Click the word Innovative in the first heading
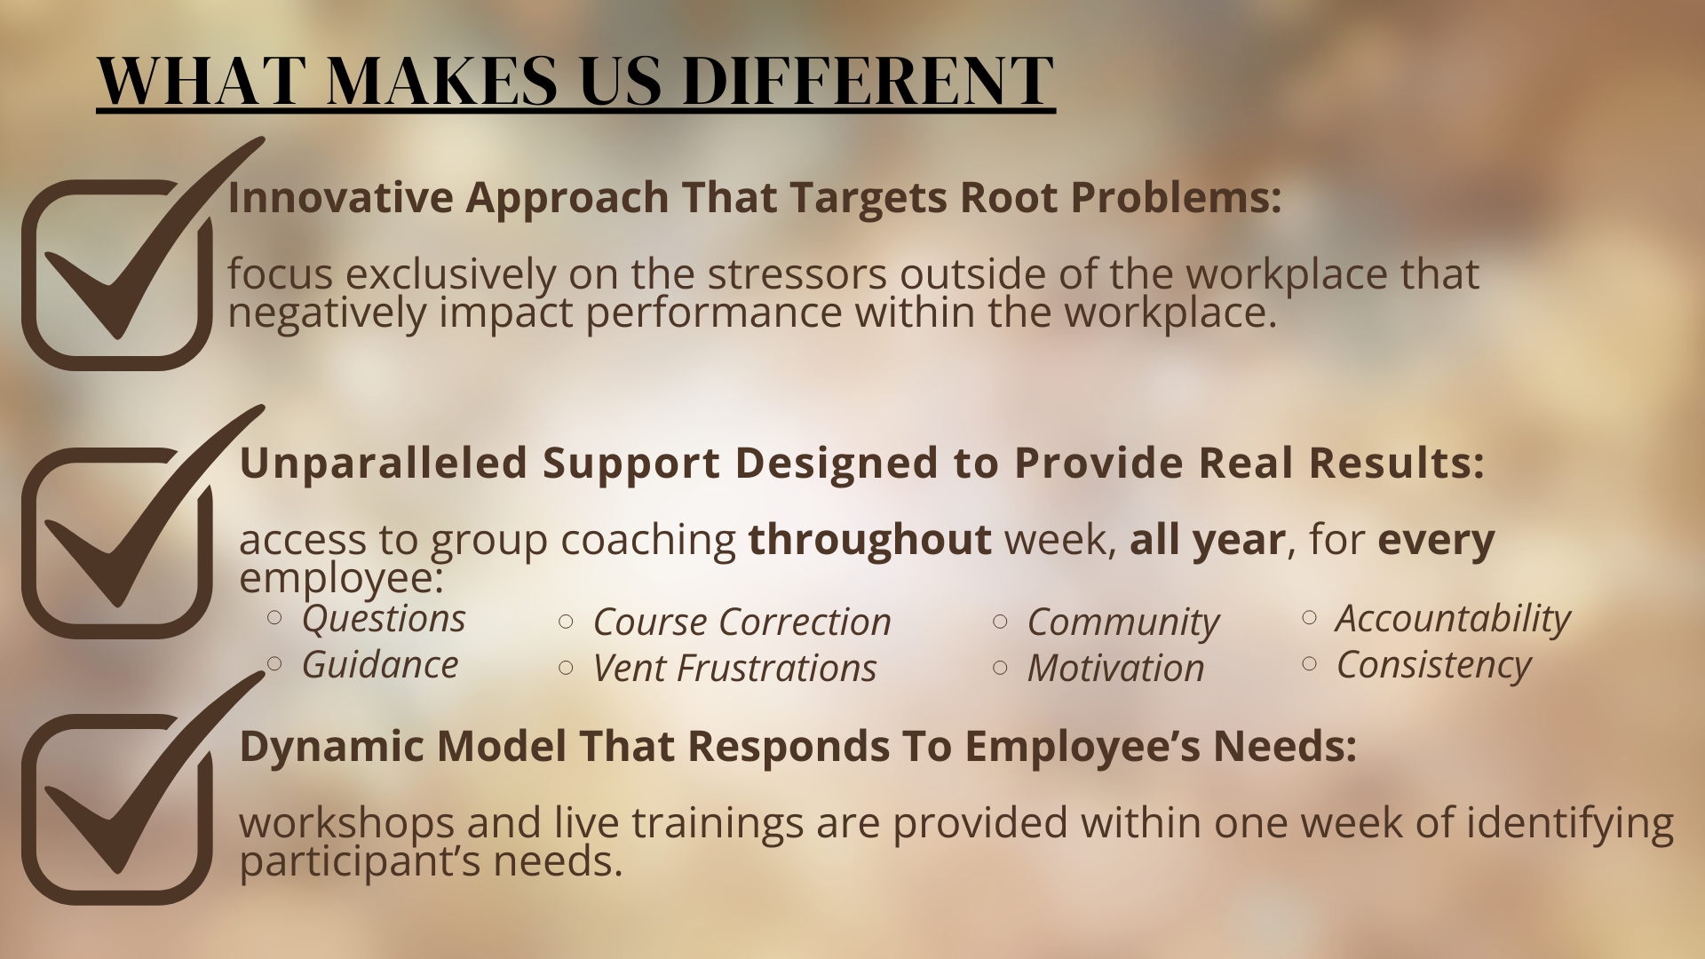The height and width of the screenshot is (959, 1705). tap(340, 197)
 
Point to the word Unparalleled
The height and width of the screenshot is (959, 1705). tap(384, 463)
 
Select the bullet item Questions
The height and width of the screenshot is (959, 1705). tap(384, 620)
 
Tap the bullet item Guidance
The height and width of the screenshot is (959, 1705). tap(380, 665)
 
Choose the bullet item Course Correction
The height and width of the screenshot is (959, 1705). tap(741, 622)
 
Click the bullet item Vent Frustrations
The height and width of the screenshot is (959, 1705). tap(734, 669)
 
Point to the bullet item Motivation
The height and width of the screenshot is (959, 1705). tap(1115, 669)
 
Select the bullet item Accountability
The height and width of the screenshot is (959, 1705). tap(1453, 620)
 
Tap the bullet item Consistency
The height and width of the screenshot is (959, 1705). tap(1434, 666)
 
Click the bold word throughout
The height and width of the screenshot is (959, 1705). tap(869, 540)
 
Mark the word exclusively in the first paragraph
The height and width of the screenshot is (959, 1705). tap(451, 274)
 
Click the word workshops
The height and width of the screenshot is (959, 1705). tap(347, 823)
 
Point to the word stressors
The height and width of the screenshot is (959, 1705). tap(797, 275)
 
